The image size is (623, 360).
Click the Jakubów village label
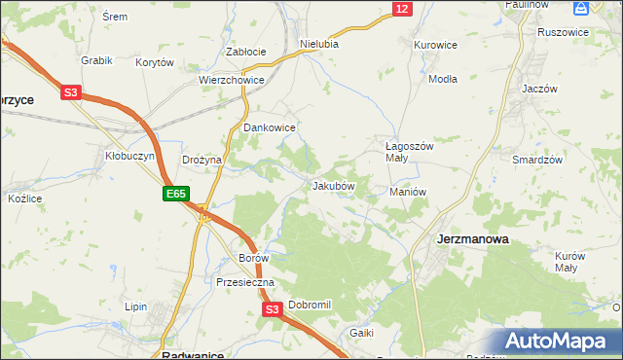(x=333, y=185)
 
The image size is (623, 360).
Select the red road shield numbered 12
(x=402, y=9)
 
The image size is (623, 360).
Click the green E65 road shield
(x=175, y=195)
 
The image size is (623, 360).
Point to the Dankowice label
(x=270, y=127)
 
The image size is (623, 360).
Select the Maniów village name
(x=408, y=192)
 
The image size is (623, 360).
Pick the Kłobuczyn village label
(x=125, y=155)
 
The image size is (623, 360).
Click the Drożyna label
(x=202, y=160)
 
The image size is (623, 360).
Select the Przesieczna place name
(x=245, y=282)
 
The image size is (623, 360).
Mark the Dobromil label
(x=310, y=305)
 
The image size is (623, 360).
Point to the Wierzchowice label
(x=232, y=81)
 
